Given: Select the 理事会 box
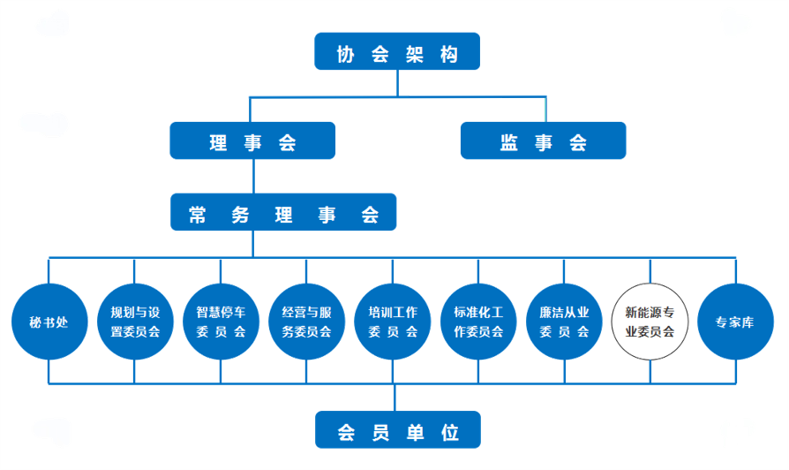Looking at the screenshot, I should (x=252, y=140).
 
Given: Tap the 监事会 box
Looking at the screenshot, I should (x=543, y=140).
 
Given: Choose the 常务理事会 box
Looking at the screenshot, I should (x=283, y=213).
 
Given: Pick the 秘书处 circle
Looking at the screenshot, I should (x=49, y=322).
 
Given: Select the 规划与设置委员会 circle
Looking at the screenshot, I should (x=134, y=322).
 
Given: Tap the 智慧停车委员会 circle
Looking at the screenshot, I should (x=221, y=322).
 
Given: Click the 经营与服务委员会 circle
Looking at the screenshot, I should (x=306, y=322).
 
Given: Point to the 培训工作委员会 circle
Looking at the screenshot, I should (x=392, y=322).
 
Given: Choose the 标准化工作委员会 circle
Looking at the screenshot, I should (x=477, y=322).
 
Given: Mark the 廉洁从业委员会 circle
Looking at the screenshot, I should (x=563, y=322).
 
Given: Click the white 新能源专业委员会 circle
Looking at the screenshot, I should (x=650, y=322).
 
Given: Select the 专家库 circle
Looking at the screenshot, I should (x=735, y=322).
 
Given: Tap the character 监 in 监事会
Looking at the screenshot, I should (x=509, y=141).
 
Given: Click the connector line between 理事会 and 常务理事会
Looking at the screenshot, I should (x=253, y=177).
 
